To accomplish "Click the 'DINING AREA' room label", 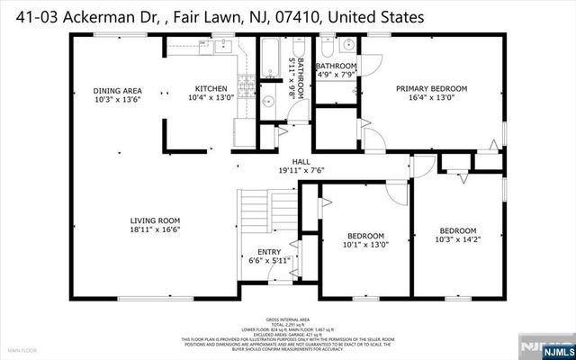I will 120,90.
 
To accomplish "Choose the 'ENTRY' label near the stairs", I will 269,252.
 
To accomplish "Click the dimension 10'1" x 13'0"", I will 365,244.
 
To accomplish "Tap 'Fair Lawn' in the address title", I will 211,16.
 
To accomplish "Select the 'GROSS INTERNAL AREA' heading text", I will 287,320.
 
